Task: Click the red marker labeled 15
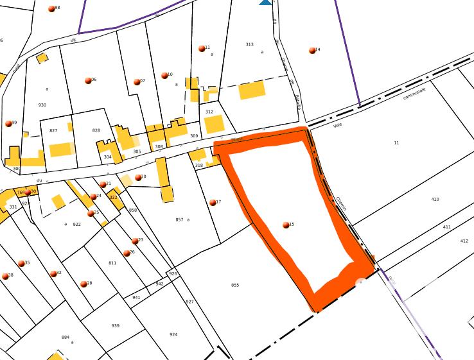286,225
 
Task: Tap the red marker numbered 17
213,203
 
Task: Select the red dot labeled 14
312,51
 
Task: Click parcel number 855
235,285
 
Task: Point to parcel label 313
249,45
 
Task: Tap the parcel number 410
435,200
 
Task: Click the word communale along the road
415,94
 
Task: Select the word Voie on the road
338,125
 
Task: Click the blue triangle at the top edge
265,3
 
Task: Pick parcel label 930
42,105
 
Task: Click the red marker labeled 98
51,9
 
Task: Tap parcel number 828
96,131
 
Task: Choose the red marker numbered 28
83,284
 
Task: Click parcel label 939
116,326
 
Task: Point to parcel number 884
66,337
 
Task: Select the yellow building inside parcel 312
215,124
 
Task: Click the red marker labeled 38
5,277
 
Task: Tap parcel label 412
464,241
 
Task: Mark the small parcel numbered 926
173,274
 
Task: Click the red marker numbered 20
138,178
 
